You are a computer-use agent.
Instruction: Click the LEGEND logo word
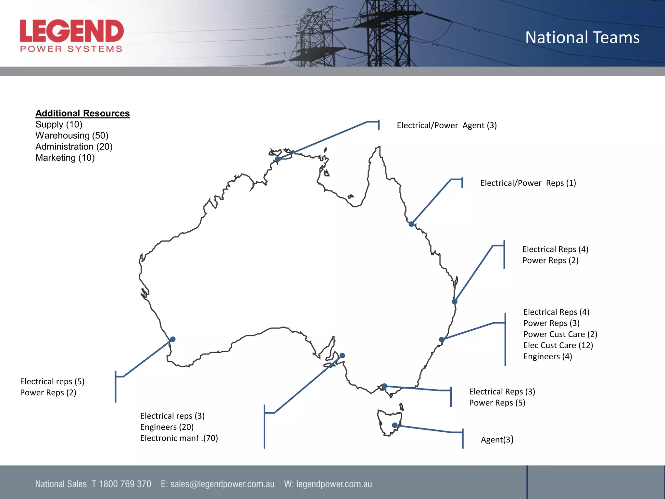click(x=72, y=31)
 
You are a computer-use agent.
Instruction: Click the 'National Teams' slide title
click(x=582, y=37)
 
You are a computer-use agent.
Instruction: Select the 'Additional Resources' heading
click(x=82, y=113)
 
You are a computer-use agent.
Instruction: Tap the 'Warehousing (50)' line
click(x=72, y=135)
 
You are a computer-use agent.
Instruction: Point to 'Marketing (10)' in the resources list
click(x=65, y=158)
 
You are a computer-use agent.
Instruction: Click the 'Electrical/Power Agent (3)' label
click(x=446, y=125)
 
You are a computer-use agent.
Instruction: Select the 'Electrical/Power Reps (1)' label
click(x=528, y=183)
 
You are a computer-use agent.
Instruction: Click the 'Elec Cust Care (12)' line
click(x=558, y=345)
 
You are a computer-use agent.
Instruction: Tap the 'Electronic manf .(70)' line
click(x=179, y=438)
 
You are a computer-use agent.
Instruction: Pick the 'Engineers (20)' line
click(x=167, y=427)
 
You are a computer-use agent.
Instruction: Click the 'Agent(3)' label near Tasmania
click(x=497, y=440)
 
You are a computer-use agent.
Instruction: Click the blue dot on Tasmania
click(x=395, y=425)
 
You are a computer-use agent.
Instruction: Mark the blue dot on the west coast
click(x=173, y=339)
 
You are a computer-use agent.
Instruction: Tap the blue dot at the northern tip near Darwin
click(x=278, y=159)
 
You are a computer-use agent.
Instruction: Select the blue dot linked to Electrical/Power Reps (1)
click(x=411, y=224)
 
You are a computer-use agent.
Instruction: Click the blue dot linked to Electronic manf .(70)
click(x=342, y=356)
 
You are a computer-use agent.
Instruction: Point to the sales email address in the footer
click(x=222, y=484)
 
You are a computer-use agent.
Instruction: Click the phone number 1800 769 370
click(x=125, y=484)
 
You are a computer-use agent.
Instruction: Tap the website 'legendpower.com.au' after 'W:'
click(x=334, y=484)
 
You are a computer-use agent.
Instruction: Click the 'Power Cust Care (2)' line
click(x=560, y=334)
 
